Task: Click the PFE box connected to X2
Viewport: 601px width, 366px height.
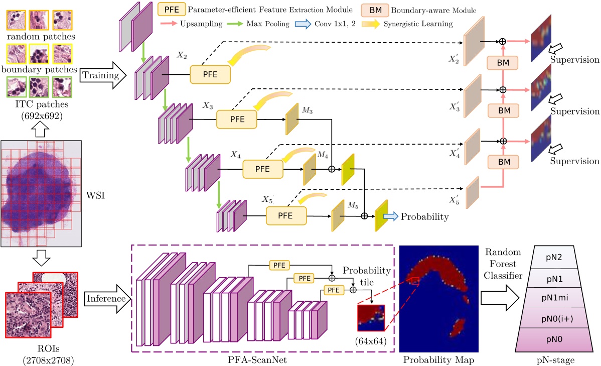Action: (x=210, y=75)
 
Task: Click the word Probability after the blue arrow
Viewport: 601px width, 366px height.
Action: (x=424, y=216)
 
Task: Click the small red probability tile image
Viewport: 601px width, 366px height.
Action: (x=370, y=317)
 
